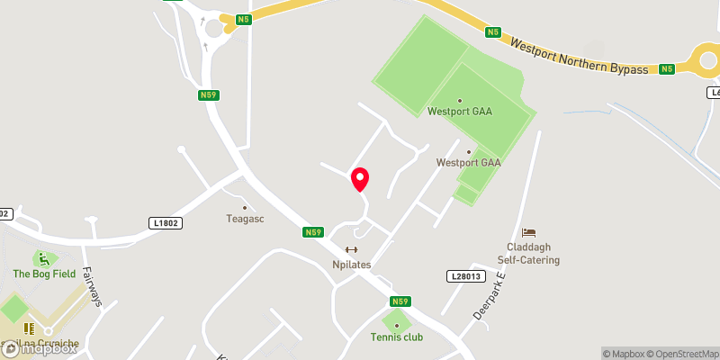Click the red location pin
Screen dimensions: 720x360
[359, 178]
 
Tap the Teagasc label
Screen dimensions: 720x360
[243, 219]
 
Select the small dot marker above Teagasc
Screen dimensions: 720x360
[243, 206]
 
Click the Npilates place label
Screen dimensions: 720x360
[351, 265]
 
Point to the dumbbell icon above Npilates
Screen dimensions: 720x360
[351, 250]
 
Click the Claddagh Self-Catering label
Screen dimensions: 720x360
[530, 253]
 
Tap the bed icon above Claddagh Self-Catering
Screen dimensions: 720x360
[528, 233]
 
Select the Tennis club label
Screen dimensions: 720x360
[396, 337]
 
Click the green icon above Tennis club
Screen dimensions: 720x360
[396, 323]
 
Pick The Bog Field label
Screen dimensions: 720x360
[44, 274]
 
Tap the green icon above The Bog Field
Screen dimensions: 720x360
[42, 259]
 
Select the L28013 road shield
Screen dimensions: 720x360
[464, 276]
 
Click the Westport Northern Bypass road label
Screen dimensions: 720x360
[579, 57]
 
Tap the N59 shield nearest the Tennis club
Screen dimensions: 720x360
[401, 301]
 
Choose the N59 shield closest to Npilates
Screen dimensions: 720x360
[312, 232]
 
